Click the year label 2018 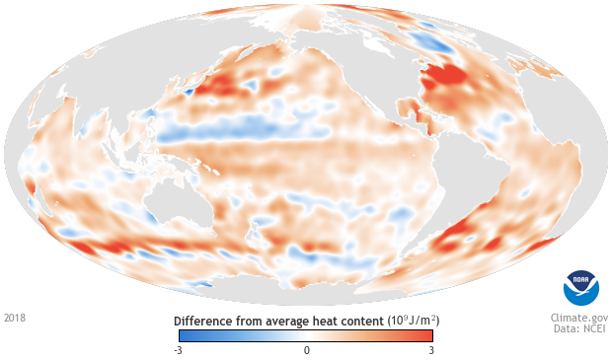15,319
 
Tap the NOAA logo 580,286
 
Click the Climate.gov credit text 579,319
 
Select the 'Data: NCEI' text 580,330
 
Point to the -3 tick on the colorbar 177,350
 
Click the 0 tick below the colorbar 306,350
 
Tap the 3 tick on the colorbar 430,350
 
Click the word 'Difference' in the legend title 203,322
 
